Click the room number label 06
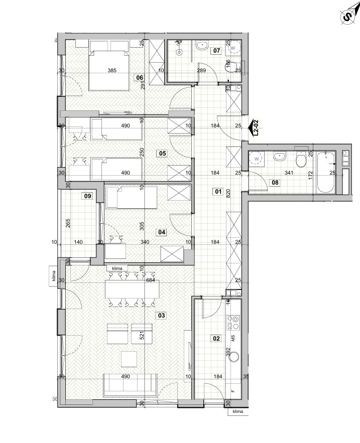tap(140, 78)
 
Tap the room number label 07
tap(216, 51)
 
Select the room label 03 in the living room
tap(162, 315)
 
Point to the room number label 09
tap(88, 196)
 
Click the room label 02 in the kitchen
tap(216, 338)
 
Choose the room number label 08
tap(275, 183)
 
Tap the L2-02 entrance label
tap(256, 128)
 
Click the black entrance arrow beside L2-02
tap(250, 128)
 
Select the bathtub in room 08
tap(326, 173)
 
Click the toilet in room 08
tap(300, 159)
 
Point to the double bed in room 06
tap(109, 66)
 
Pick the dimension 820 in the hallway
tap(228, 193)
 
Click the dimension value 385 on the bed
tap(112, 70)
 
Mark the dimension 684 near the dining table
tap(150, 280)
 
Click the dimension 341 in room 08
tap(289, 173)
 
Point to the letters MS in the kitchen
tap(233, 338)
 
